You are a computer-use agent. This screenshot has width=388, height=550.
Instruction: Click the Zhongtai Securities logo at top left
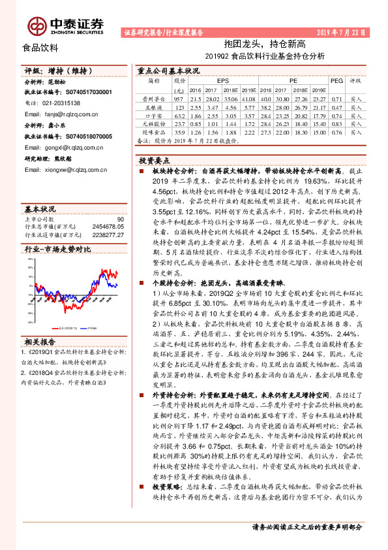pyautogui.click(x=63, y=24)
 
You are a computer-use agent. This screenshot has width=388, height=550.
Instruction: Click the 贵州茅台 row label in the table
pyautogui.click(x=155, y=97)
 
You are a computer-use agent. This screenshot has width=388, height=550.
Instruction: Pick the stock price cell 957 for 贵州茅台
pyautogui.click(x=180, y=97)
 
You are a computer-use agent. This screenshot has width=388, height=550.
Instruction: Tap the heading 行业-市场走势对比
pyautogui.click(x=58, y=250)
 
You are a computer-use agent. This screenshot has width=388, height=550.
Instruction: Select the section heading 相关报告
pyautogui.click(x=41, y=341)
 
